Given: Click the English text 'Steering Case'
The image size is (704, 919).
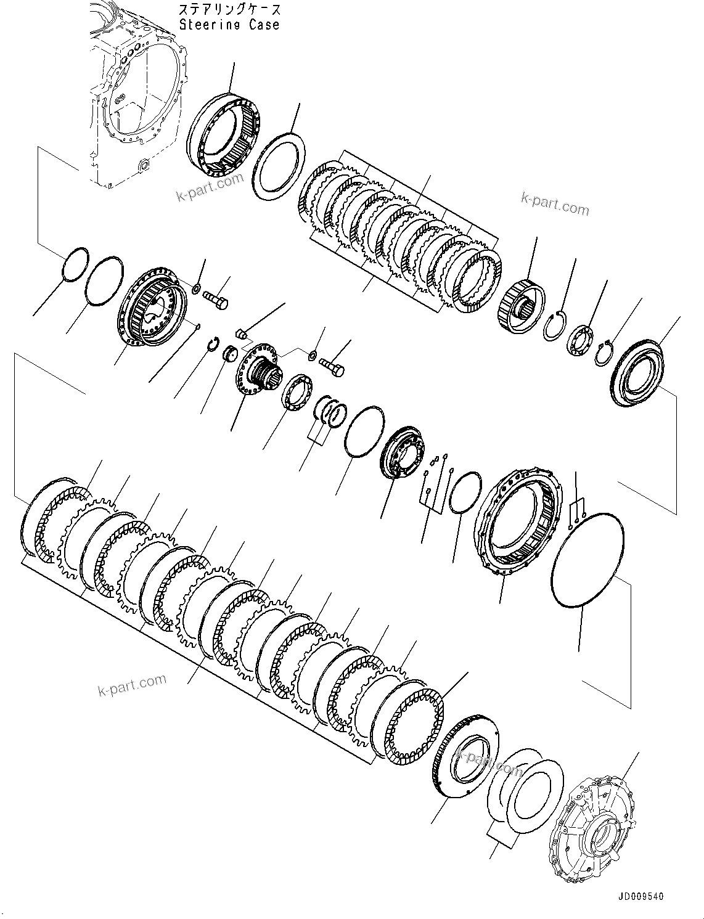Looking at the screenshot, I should point(229,25).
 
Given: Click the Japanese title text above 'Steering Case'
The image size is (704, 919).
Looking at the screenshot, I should point(229,10).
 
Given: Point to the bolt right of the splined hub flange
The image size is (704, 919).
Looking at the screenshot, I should point(330,366).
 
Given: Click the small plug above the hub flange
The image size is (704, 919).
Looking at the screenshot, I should point(242,335).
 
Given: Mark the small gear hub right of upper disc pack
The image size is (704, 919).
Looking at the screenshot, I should point(521,301).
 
